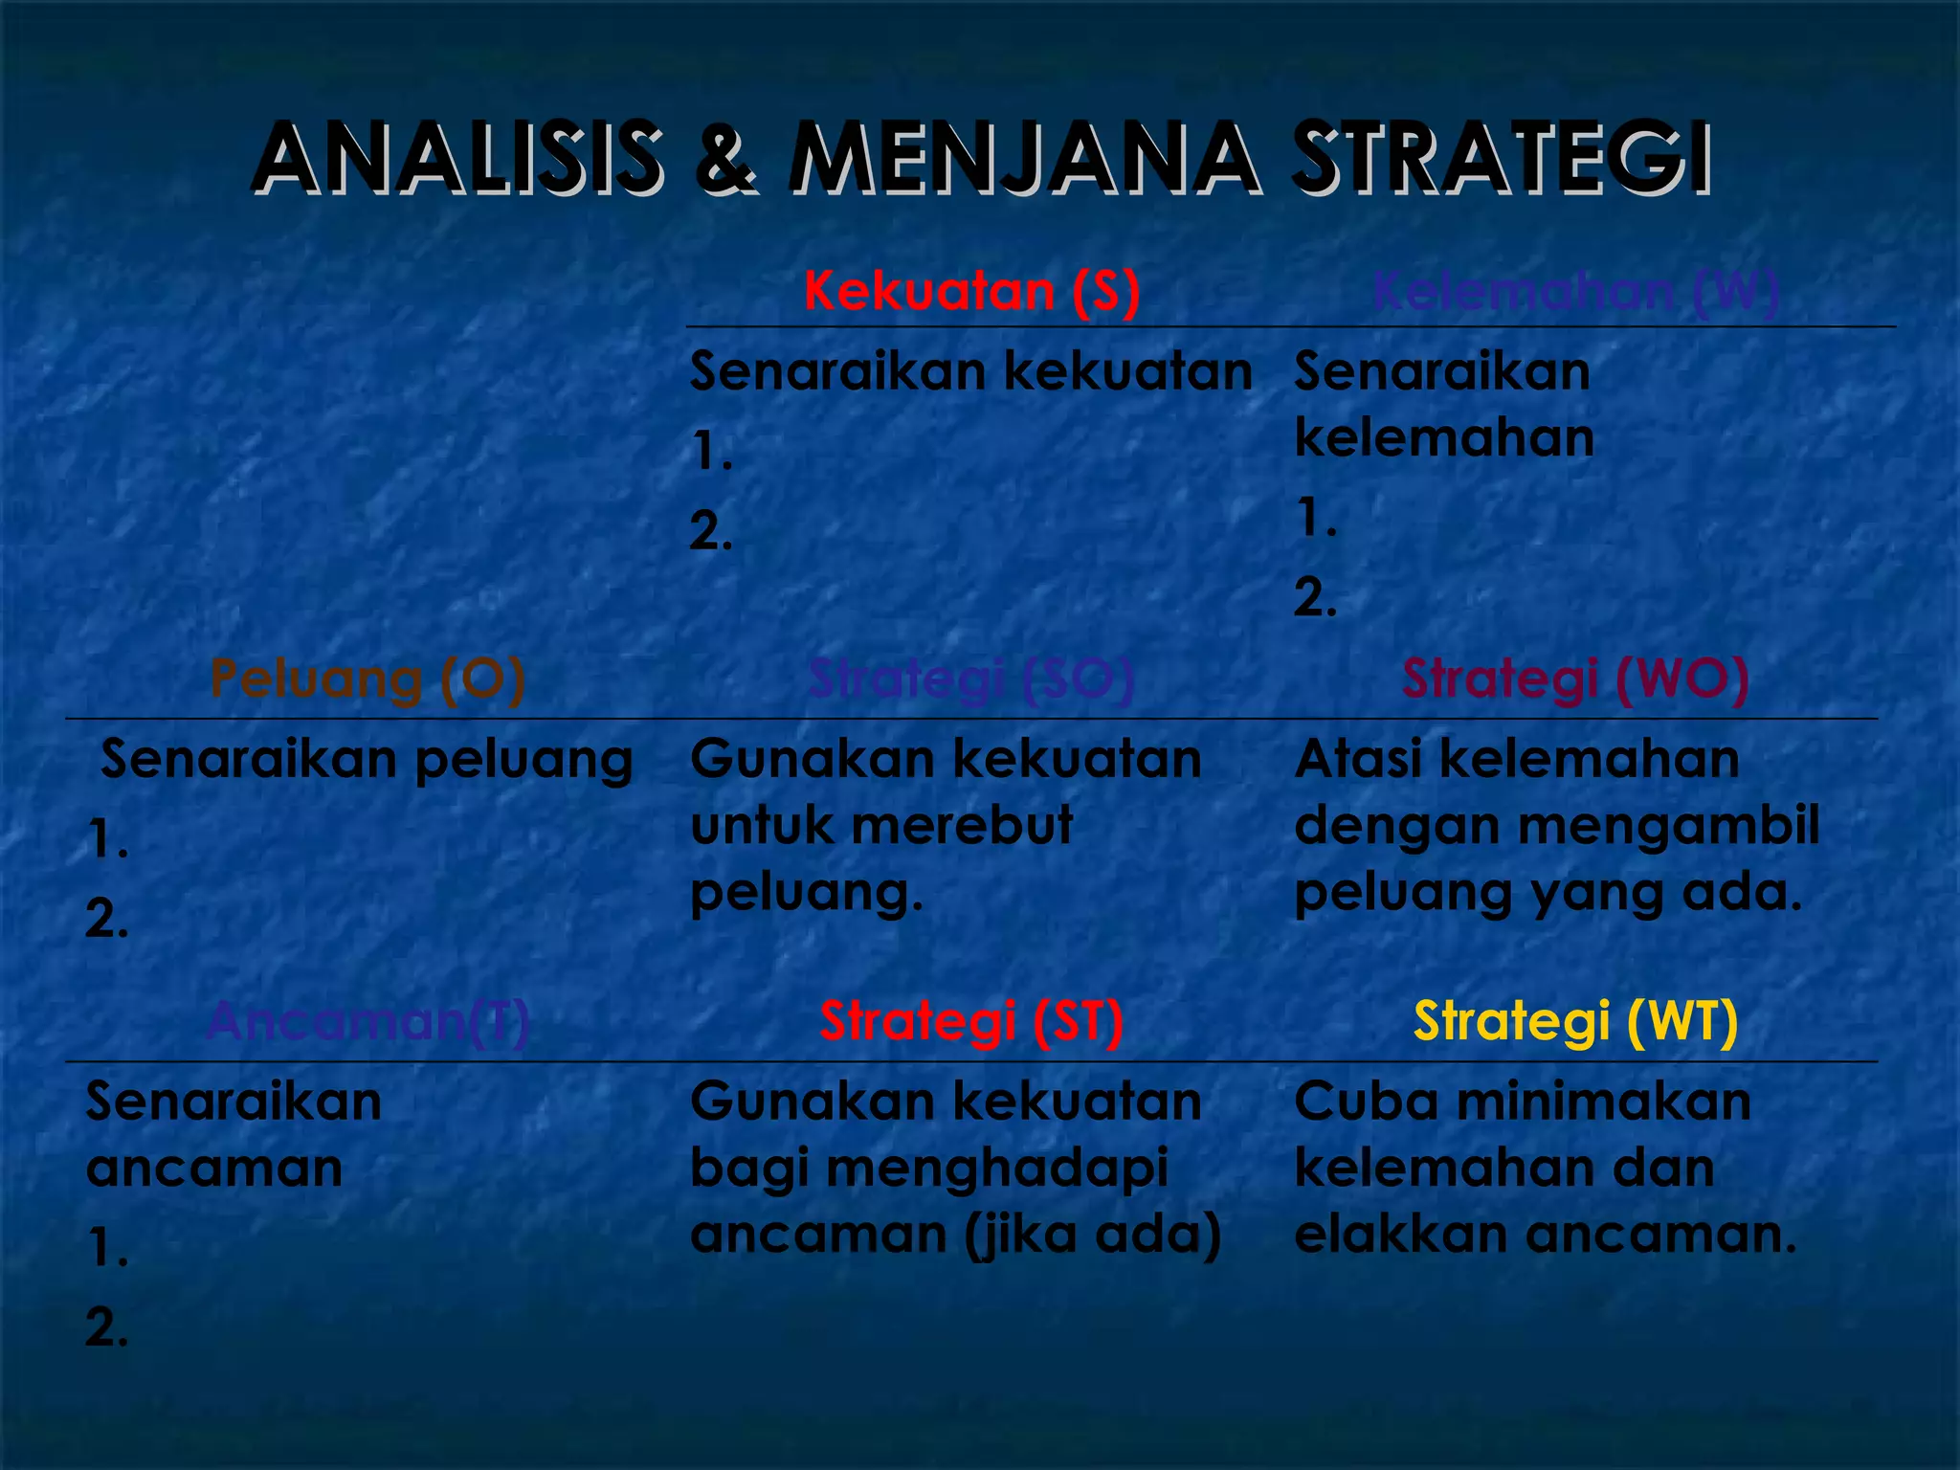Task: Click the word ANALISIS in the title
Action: pos(457,158)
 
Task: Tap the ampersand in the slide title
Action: pos(725,160)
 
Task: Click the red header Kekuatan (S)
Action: pos(971,291)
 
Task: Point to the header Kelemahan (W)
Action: pos(1575,291)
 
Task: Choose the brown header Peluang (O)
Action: pos(367,679)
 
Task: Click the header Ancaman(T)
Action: pos(367,1021)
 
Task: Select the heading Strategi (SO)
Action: pos(971,679)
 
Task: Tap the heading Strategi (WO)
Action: pos(1575,679)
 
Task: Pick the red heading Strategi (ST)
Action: pos(971,1021)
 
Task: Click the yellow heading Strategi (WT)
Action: pos(1575,1021)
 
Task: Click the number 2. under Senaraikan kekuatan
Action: pos(711,531)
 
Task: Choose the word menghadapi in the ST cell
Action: pos(996,1169)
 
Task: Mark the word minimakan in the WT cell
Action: pos(1604,1102)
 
